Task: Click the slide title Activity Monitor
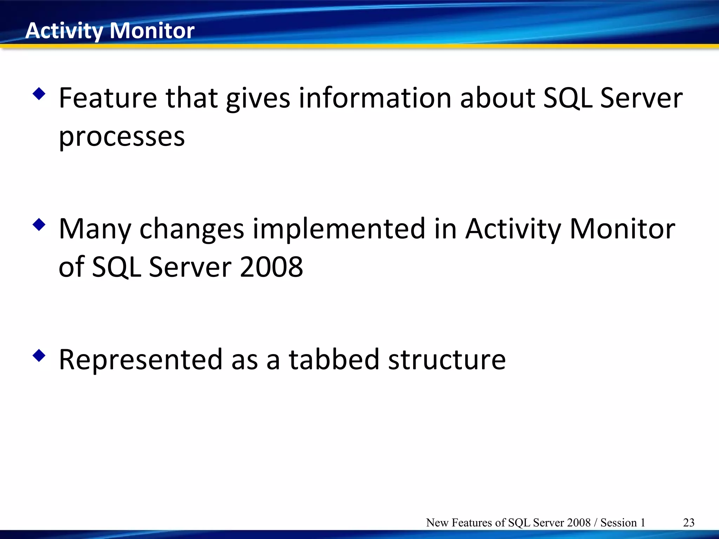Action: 110,31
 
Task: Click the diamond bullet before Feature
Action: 39,94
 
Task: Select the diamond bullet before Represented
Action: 39,356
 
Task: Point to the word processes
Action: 121,137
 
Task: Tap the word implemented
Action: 339,229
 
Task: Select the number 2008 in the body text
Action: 271,267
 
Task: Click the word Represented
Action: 140,360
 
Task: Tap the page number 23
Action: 688,523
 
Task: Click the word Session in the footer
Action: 618,523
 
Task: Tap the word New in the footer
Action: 437,523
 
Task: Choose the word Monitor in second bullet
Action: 622,229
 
